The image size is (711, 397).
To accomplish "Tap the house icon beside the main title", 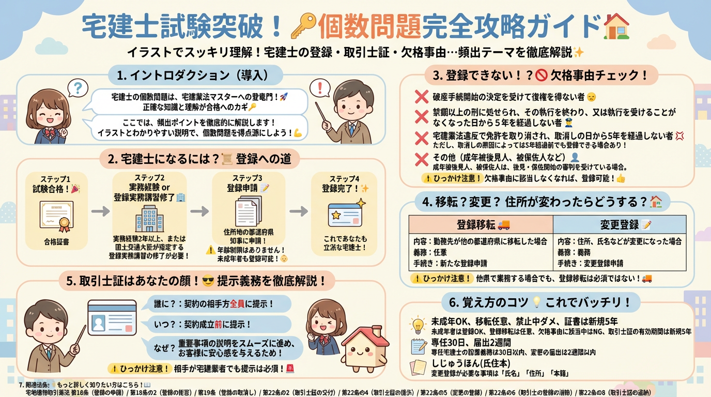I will [x=616, y=26].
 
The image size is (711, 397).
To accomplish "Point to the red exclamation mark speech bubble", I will [x=323, y=87].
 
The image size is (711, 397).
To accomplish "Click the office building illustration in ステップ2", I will [x=149, y=219].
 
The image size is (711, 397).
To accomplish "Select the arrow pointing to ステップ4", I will [x=298, y=211].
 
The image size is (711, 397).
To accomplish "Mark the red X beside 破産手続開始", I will [x=422, y=97].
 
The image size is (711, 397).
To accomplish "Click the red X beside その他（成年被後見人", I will [x=422, y=159].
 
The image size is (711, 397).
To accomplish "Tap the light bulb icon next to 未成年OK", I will [x=417, y=324].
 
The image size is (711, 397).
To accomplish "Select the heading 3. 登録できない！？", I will [x=540, y=75].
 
